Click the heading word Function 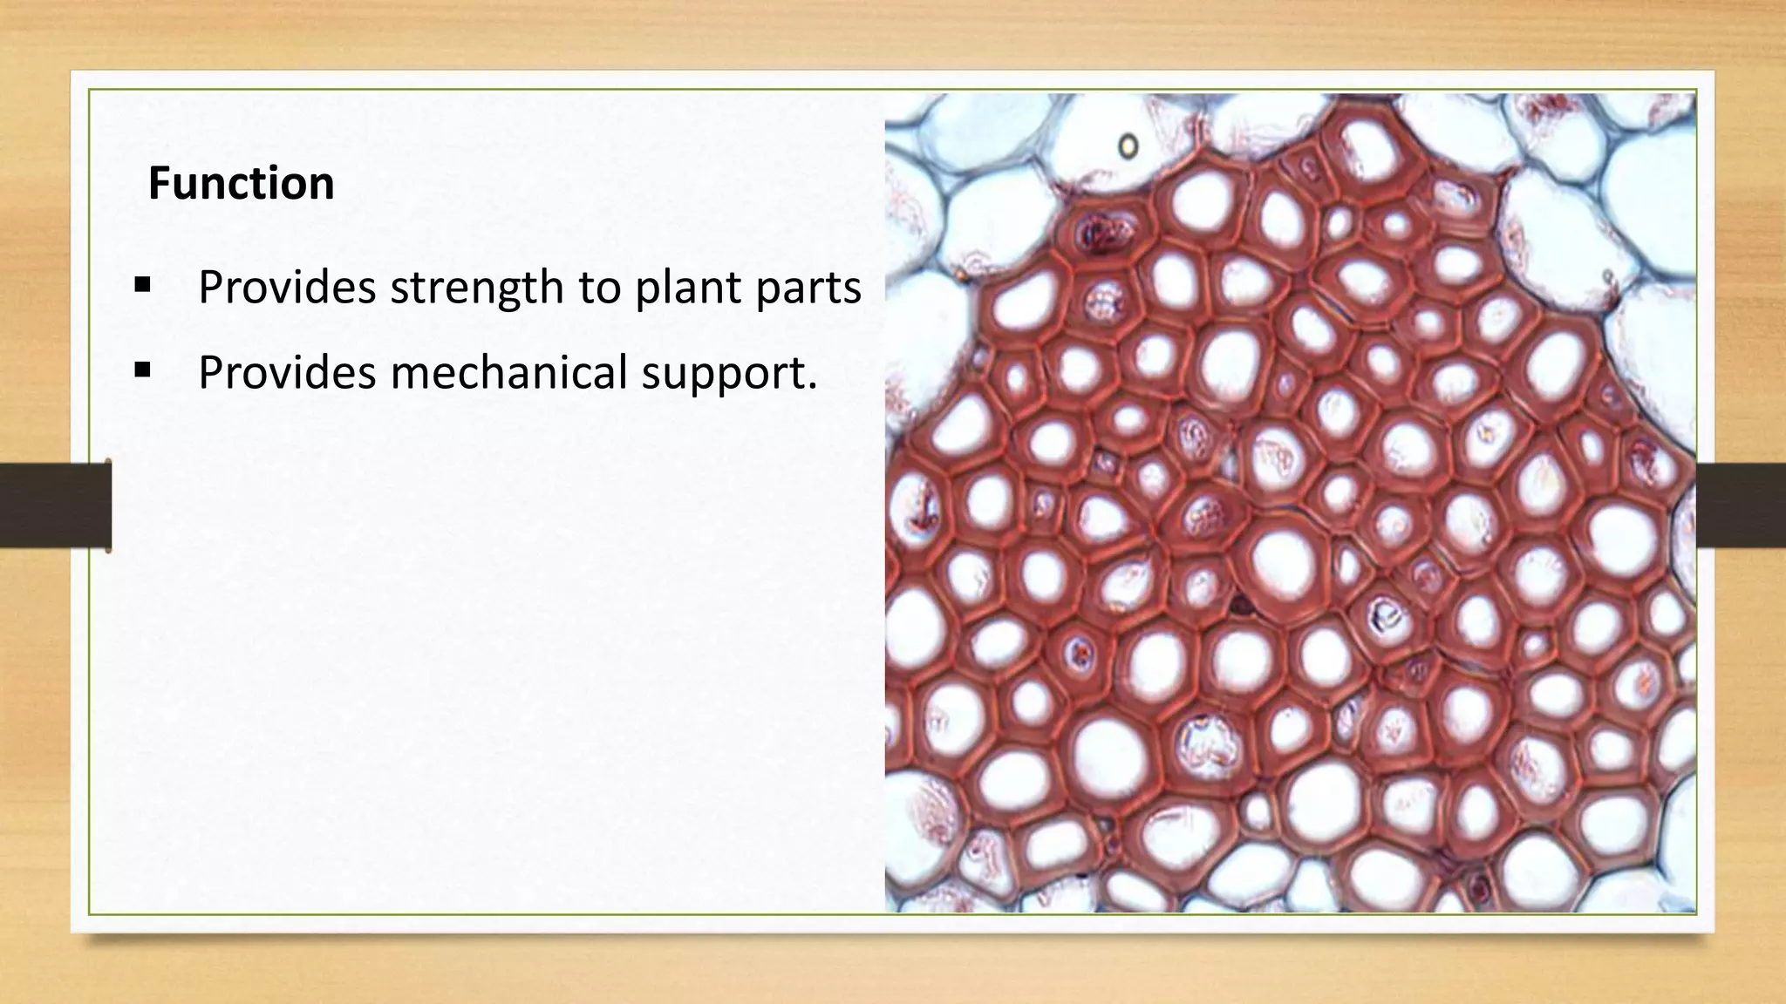click(x=241, y=184)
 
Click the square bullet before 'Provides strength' click(x=143, y=285)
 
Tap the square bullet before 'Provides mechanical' click(x=143, y=370)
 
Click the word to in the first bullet click(x=598, y=288)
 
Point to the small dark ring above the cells click(x=1128, y=145)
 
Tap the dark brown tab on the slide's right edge click(x=1741, y=505)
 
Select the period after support click(x=813, y=386)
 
